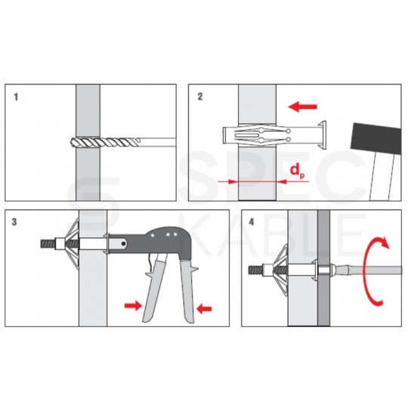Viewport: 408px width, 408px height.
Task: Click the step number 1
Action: (16, 97)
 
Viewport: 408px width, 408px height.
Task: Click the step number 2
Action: (200, 97)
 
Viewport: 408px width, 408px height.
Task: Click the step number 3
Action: (14, 222)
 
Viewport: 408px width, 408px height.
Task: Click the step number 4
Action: (252, 222)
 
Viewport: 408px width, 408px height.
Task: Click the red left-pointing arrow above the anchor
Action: (303, 107)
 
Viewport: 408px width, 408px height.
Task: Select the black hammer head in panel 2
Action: (376, 139)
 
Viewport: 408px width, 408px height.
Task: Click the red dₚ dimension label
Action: (298, 171)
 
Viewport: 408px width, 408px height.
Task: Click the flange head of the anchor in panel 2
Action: (323, 135)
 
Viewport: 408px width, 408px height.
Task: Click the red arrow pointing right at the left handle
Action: (133, 306)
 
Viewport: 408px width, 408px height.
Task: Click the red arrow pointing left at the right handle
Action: (205, 309)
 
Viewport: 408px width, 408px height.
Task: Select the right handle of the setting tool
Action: (189, 290)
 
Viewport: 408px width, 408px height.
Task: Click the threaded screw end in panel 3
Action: (48, 244)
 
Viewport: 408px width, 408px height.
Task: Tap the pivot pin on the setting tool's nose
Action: (124, 243)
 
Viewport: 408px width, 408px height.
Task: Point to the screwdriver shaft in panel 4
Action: (368, 270)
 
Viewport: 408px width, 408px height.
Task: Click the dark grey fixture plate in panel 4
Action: (323, 268)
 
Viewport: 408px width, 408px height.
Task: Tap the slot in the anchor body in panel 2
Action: (246, 135)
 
